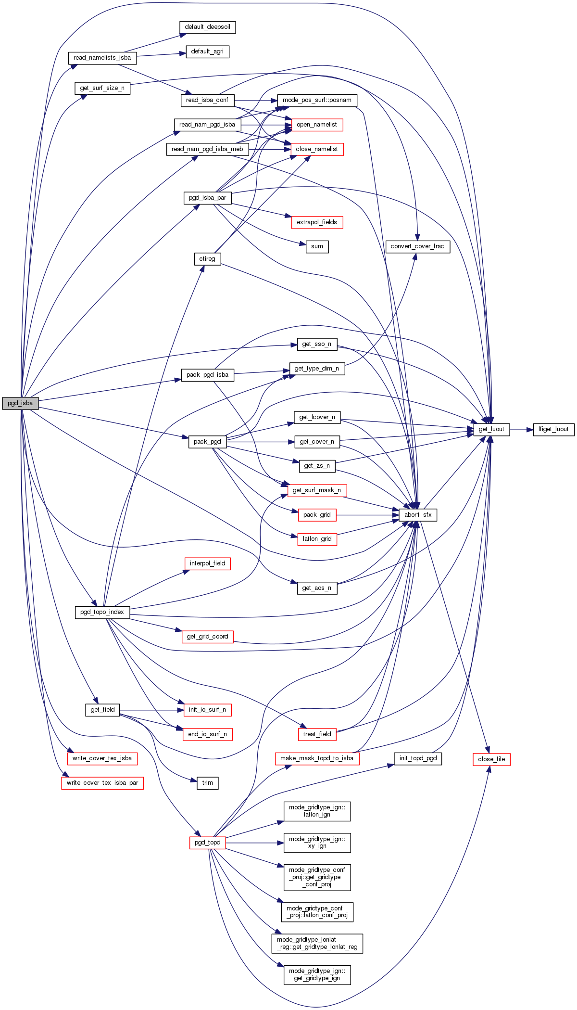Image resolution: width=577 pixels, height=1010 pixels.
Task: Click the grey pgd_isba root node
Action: click(x=20, y=403)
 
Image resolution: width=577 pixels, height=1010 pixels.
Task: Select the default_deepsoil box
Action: click(x=207, y=27)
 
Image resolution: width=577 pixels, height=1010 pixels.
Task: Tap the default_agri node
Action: click(x=207, y=51)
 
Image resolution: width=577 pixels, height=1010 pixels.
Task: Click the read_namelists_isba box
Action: click(x=102, y=58)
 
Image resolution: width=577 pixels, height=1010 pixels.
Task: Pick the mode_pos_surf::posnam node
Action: click(x=317, y=100)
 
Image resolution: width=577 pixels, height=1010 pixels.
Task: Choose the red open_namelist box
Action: click(x=316, y=125)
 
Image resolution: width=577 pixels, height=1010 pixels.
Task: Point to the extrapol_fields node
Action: click(x=316, y=222)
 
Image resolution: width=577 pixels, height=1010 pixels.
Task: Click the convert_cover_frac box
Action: click(x=417, y=246)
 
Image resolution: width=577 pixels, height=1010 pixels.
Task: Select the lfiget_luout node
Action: click(x=553, y=429)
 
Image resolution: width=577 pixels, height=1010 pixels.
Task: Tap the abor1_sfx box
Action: click(x=418, y=515)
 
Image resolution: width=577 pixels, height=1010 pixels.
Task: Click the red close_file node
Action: click(x=491, y=759)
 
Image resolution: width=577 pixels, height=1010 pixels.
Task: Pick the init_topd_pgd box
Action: click(x=418, y=758)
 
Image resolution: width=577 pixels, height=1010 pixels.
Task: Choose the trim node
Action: click(x=207, y=783)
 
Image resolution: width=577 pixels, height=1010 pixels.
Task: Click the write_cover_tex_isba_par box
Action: click(x=102, y=783)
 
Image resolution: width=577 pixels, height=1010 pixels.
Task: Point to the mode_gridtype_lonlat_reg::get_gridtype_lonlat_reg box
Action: click(x=317, y=943)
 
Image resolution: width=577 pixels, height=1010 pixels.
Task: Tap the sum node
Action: click(x=317, y=246)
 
